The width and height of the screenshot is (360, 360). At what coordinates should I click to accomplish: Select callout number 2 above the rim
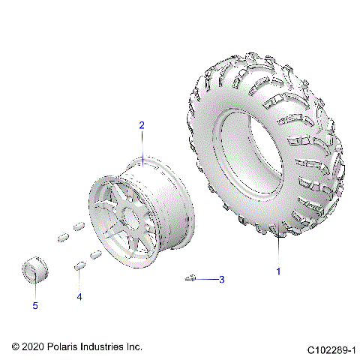click(141, 126)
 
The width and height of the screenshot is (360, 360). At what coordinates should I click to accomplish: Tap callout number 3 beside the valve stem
click(221, 280)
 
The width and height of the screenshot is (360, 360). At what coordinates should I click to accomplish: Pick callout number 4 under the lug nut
click(79, 296)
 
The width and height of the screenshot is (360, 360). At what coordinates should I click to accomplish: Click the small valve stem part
click(190, 278)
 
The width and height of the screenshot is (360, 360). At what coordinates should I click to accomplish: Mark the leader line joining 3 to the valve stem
click(206, 280)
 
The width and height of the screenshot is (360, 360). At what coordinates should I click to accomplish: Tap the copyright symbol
click(16, 347)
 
